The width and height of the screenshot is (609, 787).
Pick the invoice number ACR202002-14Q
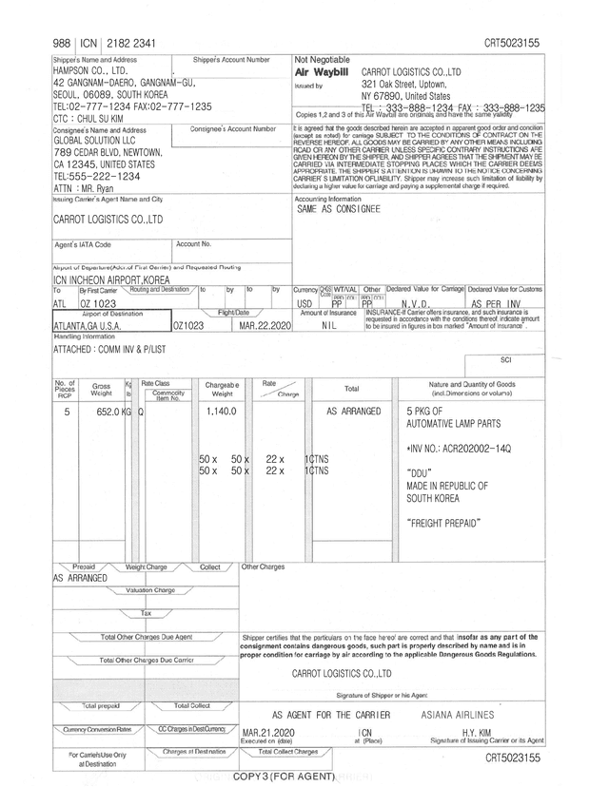coord(460,447)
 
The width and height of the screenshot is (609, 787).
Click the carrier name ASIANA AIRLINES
coord(457,713)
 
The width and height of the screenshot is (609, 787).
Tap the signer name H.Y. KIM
coord(481,732)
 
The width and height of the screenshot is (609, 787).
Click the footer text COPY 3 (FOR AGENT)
coord(285,777)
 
